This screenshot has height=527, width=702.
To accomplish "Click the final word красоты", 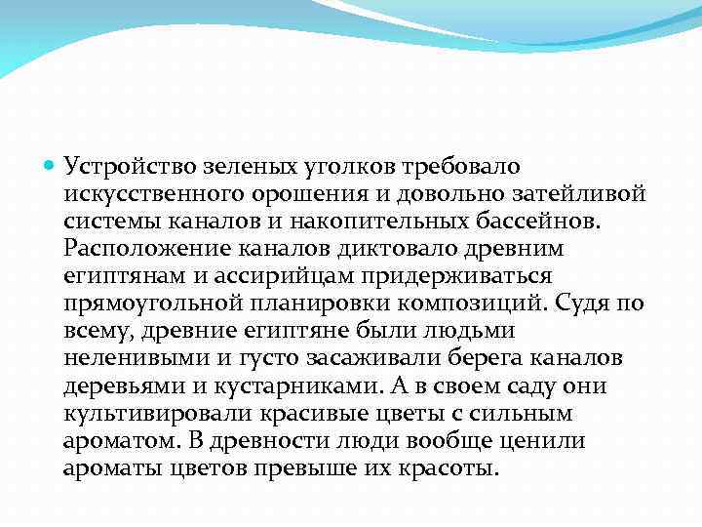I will click(x=449, y=468).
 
